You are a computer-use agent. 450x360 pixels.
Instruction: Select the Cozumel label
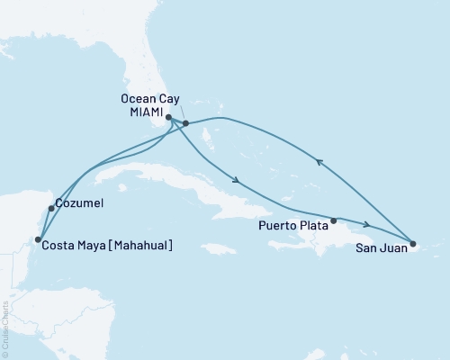[79, 204]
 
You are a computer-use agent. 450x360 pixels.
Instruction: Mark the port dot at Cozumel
[51, 209]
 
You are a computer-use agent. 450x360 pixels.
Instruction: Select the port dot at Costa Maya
[37, 239]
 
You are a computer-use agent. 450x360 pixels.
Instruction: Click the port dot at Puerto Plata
[334, 220]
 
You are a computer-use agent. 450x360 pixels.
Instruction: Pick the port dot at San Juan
[412, 243]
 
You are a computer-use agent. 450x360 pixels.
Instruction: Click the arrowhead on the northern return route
[319, 161]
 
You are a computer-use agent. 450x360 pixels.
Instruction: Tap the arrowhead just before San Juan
[366, 225]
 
